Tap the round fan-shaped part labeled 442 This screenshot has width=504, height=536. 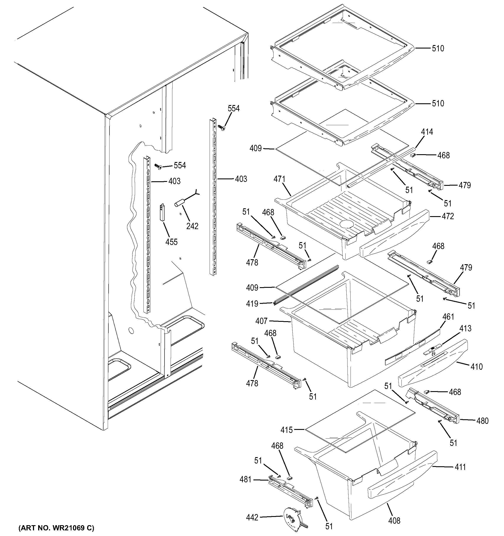click(292, 519)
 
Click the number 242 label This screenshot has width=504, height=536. click(192, 226)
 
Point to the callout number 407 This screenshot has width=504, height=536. click(261, 321)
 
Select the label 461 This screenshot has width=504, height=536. click(448, 317)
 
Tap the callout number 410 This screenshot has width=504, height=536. click(476, 366)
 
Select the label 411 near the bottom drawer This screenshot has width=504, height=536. click(460, 467)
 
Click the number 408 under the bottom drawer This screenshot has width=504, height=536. click(394, 520)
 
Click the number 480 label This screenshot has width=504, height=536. click(482, 421)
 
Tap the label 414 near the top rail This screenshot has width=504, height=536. click(427, 132)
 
